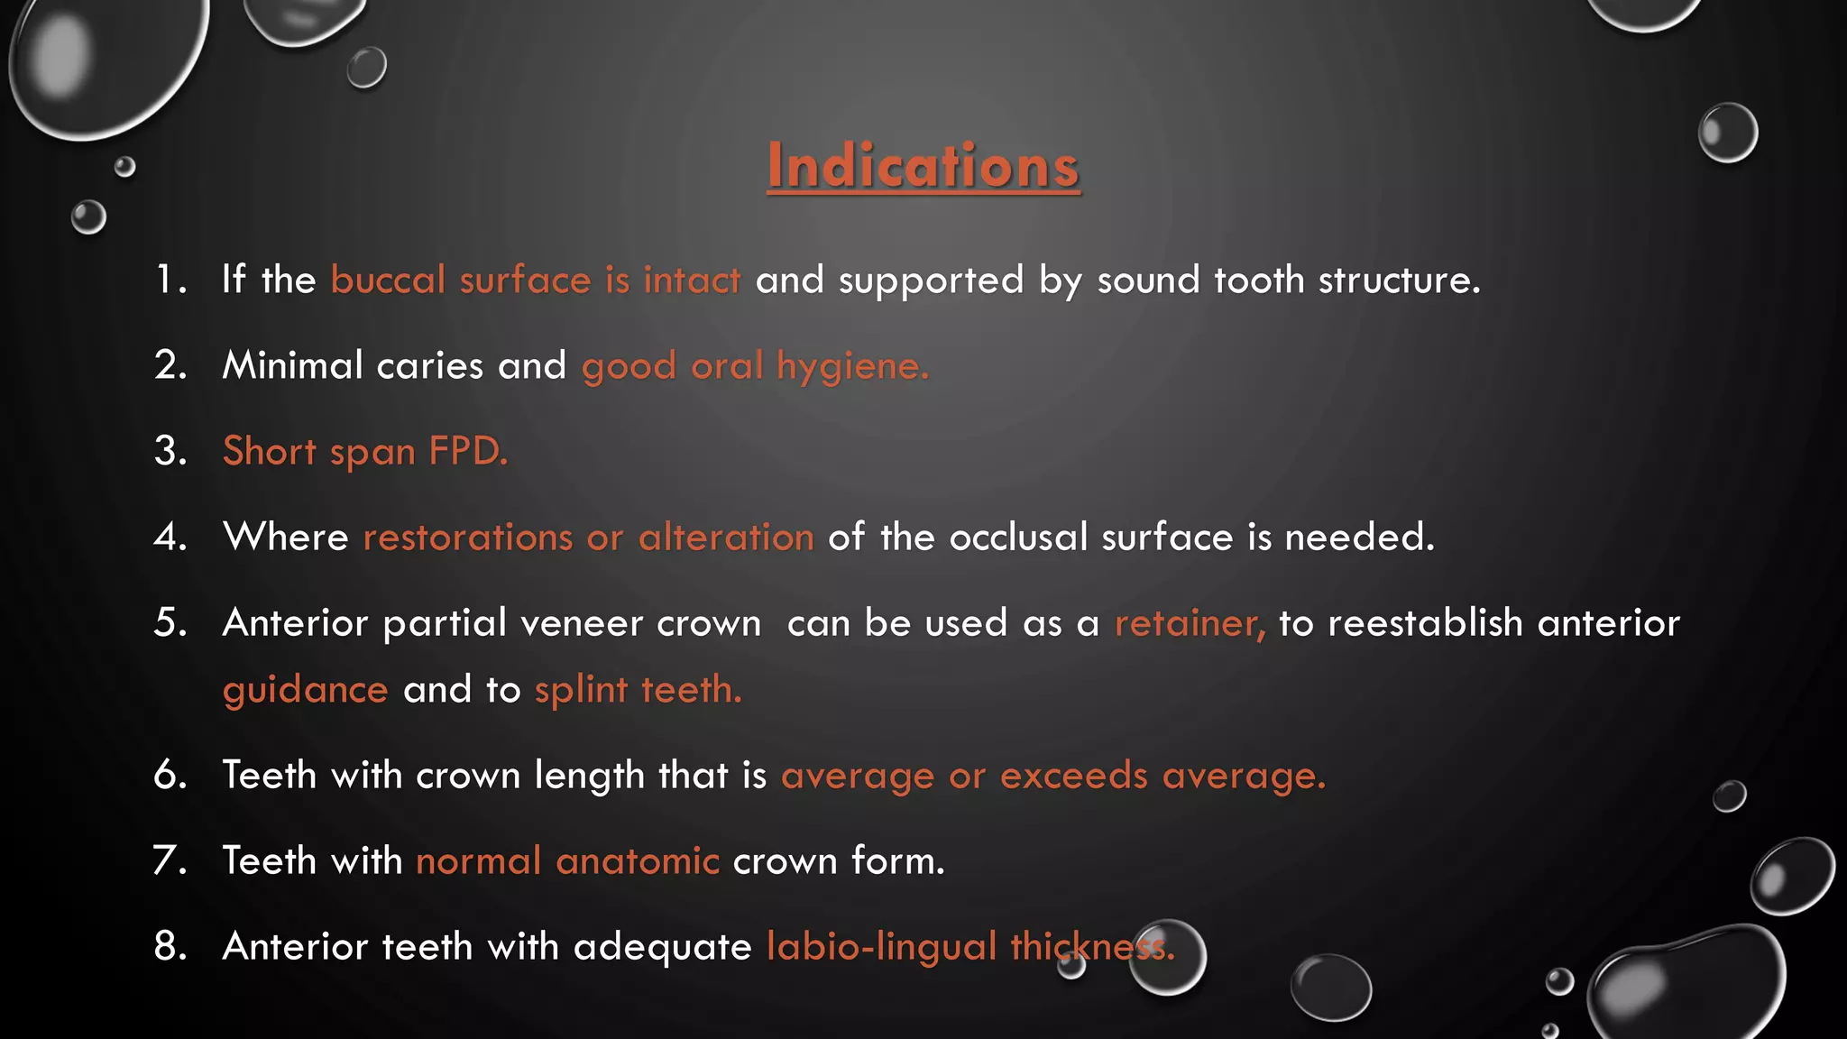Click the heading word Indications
point(923,166)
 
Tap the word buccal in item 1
point(388,280)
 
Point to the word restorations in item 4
point(467,538)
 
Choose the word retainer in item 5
point(1189,623)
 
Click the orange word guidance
point(305,690)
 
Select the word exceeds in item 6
point(1073,776)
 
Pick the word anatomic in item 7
point(637,861)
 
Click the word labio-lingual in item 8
point(881,947)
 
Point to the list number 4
point(170,538)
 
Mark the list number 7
point(170,861)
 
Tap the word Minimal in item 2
point(292,365)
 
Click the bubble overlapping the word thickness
point(1168,957)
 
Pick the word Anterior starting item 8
point(295,947)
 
